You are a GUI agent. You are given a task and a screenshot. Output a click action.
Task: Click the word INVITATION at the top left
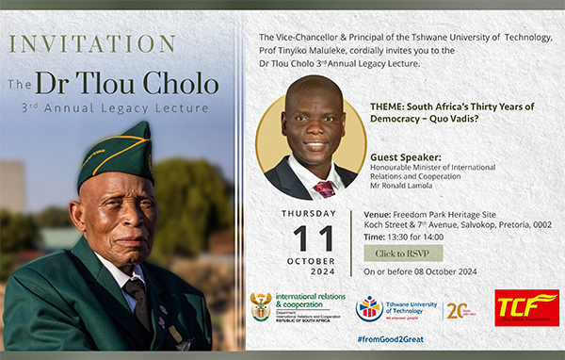click(x=90, y=44)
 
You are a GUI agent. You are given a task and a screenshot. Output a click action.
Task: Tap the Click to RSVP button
click(x=402, y=254)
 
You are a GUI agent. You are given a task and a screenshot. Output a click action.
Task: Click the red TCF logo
click(x=526, y=308)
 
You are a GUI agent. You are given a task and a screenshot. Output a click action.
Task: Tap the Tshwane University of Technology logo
click(x=369, y=308)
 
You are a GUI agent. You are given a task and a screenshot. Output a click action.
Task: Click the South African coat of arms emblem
click(x=261, y=307)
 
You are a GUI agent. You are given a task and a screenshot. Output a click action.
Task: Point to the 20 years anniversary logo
click(x=459, y=310)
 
